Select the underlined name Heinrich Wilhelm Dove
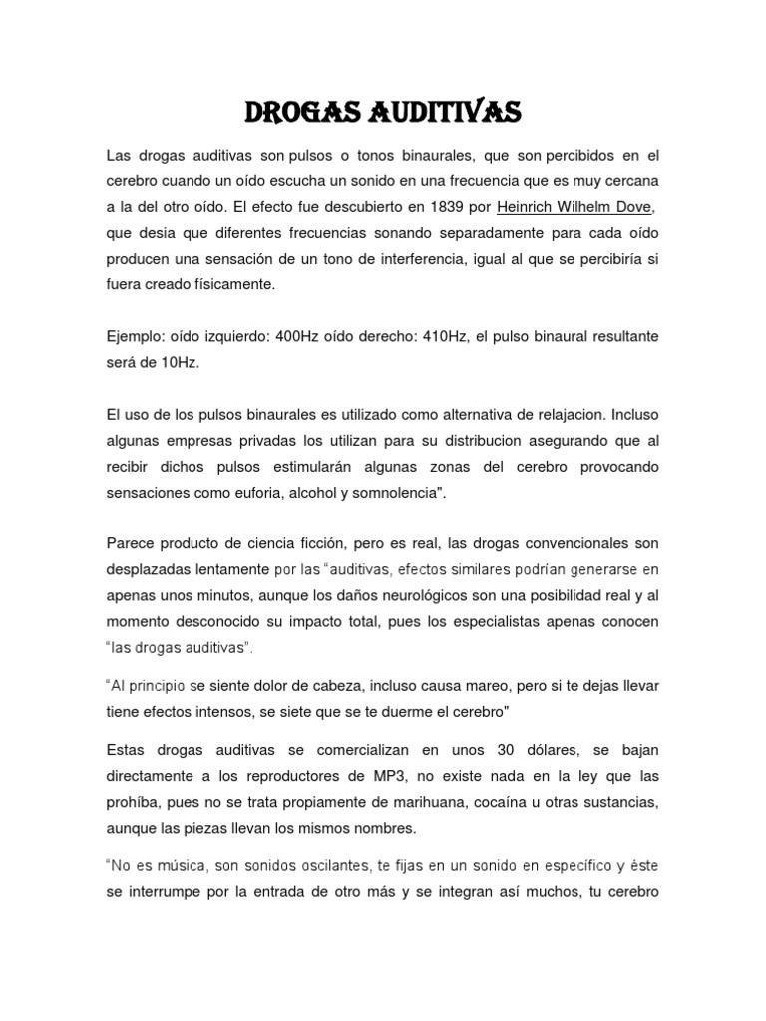pyautogui.click(x=578, y=208)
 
